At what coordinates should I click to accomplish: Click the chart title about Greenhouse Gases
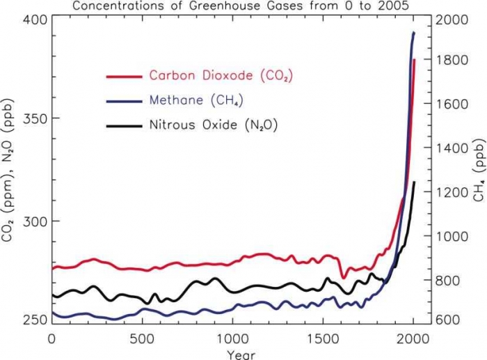[243, 6]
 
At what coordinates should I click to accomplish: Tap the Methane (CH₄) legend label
[196, 100]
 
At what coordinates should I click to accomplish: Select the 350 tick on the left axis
[34, 118]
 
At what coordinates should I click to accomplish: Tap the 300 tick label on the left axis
[34, 221]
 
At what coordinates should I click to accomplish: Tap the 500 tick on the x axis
[142, 338]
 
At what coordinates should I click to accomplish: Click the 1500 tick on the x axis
[323, 338]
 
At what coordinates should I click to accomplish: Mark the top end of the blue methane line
[414, 33]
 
